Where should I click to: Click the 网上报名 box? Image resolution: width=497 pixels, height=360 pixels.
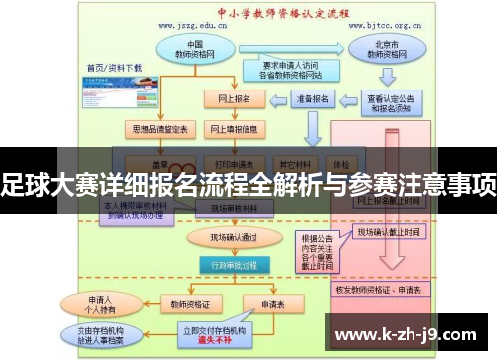pyautogui.click(x=234, y=99)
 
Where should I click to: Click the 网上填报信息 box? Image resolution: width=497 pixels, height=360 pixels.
pyautogui.click(x=234, y=129)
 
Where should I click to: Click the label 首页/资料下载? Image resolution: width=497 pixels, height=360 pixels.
pyautogui.click(x=115, y=68)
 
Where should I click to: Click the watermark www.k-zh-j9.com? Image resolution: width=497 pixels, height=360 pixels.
pyautogui.click(x=409, y=332)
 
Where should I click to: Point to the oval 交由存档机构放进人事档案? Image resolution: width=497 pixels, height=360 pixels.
pyautogui.click(x=97, y=336)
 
